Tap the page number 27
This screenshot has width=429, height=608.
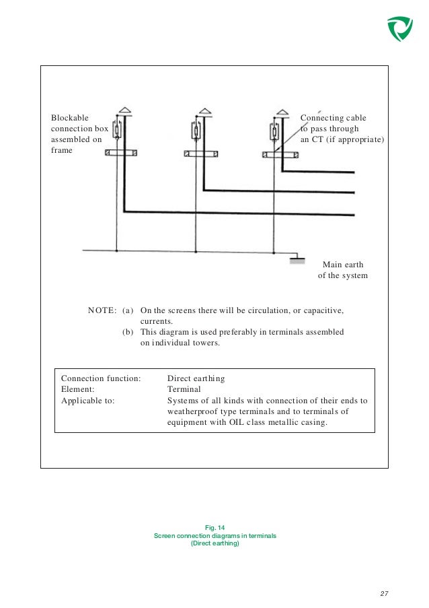click(x=384, y=593)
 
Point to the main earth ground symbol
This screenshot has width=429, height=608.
click(x=297, y=259)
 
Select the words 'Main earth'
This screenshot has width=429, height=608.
click(x=343, y=265)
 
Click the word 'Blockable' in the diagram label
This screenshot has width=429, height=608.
click(x=70, y=118)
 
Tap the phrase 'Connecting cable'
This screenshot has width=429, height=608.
click(x=333, y=118)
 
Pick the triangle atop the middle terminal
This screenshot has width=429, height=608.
click(x=203, y=110)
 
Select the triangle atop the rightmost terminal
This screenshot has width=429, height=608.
click(x=280, y=110)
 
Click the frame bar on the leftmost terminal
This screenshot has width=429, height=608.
click(x=122, y=154)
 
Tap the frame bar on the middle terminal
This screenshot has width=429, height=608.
click(x=200, y=154)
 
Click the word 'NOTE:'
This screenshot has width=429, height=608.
click(x=102, y=311)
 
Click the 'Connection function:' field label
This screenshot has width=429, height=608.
click(x=101, y=379)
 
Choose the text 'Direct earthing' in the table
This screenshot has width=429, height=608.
click(x=196, y=379)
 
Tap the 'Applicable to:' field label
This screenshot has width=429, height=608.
click(x=87, y=401)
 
